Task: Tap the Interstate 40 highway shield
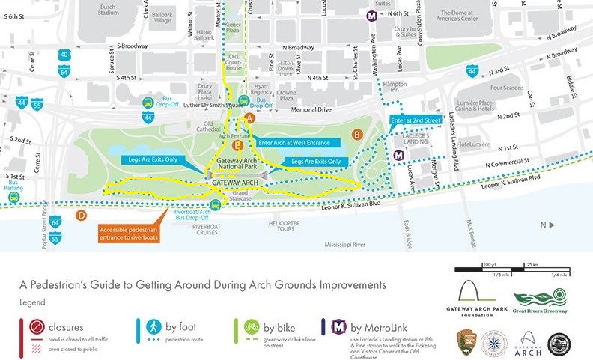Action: point(65,55)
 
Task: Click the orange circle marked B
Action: point(357,135)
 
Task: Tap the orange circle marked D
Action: point(81,216)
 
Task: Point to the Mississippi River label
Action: point(350,244)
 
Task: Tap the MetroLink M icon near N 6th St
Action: point(370,14)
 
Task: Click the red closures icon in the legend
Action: point(31,328)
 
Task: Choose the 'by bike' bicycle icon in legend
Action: point(250,328)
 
